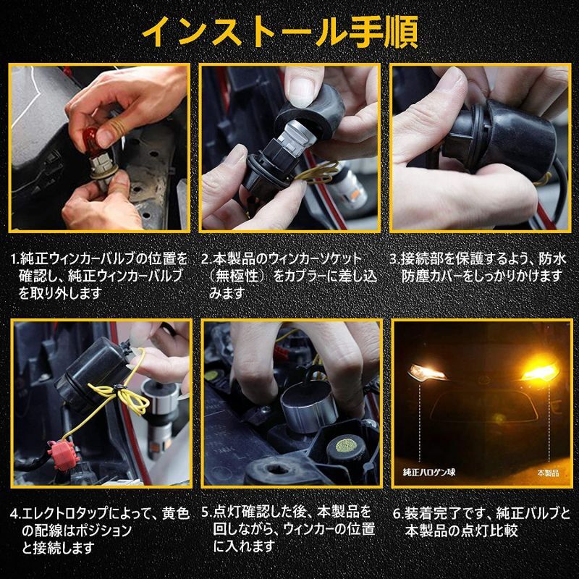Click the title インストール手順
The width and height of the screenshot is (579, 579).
coord(280,33)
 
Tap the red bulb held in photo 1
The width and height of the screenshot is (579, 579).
coord(93,143)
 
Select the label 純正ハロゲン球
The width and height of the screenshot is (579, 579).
coord(429,473)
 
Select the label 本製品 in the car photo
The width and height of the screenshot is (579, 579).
coord(549,473)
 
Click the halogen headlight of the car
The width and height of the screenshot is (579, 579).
coord(427,372)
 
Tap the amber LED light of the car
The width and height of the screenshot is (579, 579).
coord(539,372)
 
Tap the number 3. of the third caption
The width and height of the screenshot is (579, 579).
coord(395,258)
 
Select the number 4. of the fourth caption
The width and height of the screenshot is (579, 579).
coord(16,514)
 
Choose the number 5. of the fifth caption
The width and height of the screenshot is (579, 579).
coord(207,512)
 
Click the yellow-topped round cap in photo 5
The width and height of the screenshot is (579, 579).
coord(347,445)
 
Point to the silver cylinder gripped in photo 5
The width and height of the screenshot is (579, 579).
coord(307,410)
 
